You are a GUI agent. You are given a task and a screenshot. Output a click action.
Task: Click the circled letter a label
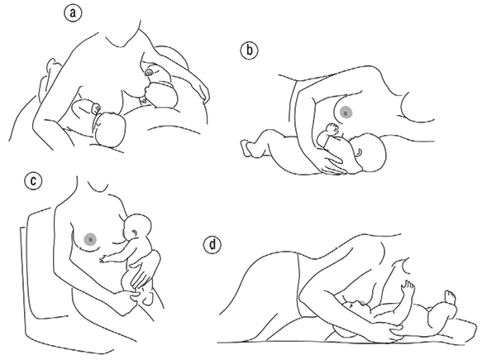(x=73, y=14)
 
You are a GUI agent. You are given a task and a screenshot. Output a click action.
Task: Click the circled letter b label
(x=249, y=50)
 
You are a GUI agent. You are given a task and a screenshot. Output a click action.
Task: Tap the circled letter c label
(x=33, y=180)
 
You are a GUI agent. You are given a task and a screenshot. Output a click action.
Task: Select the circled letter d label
(x=212, y=244)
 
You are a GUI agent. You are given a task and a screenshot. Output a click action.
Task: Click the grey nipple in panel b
(x=346, y=113)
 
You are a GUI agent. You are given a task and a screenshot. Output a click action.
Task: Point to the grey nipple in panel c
(x=90, y=239)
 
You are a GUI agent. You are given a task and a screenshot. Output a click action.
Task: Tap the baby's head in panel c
(x=137, y=228)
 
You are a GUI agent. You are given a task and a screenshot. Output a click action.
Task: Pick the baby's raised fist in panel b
(x=332, y=127)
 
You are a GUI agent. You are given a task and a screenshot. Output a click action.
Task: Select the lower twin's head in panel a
(x=110, y=130)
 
